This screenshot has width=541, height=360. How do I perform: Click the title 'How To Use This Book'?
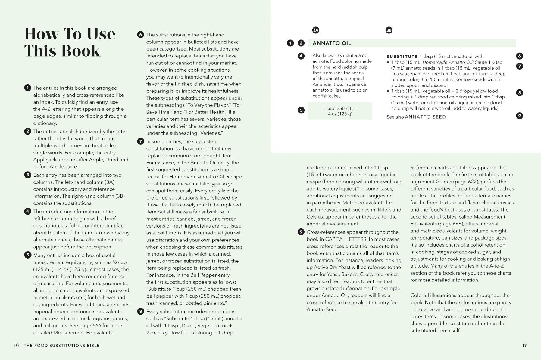tap(70, 42)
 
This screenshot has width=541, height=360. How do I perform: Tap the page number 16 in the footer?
tap(17, 345)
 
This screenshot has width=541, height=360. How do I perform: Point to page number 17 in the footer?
tap(524, 345)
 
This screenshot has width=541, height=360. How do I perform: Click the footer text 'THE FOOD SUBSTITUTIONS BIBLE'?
tap(62, 346)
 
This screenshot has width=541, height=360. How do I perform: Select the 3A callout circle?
tap(316, 30)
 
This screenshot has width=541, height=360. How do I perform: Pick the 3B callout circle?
tap(389, 30)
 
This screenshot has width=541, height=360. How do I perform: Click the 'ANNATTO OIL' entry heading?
tap(332, 43)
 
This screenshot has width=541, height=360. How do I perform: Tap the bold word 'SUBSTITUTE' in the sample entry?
tap(402, 57)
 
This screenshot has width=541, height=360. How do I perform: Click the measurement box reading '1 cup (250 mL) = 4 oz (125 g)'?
tap(340, 111)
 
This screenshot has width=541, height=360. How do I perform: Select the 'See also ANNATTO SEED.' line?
tap(417, 117)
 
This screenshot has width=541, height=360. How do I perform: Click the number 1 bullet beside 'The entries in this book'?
tap(28, 88)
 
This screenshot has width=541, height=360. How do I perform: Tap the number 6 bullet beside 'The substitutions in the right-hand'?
tap(141, 35)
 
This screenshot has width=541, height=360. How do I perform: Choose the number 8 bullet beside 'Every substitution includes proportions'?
tap(141, 311)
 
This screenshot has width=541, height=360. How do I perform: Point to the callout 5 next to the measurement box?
tap(301, 110)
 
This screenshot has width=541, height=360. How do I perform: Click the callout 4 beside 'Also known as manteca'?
tap(301, 56)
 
